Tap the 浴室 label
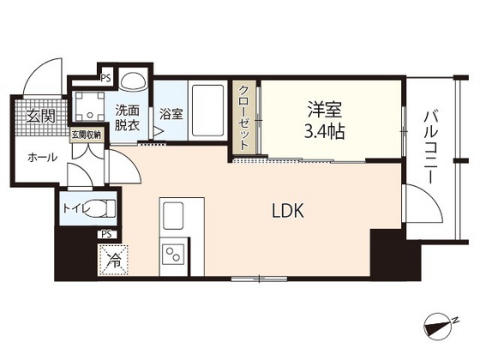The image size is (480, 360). (x=171, y=114)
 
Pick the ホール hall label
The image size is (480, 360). (x=42, y=158)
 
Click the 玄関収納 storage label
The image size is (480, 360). (x=86, y=135)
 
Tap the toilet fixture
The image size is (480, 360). (x=102, y=207)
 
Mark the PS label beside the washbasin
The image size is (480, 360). (x=106, y=78)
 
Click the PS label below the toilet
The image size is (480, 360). (x=107, y=232)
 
